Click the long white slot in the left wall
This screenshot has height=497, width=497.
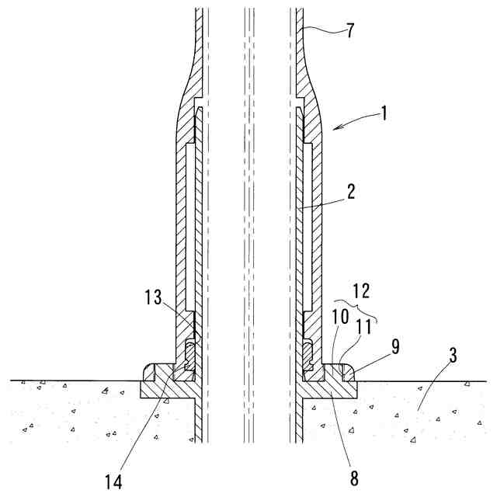[x=189, y=225]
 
